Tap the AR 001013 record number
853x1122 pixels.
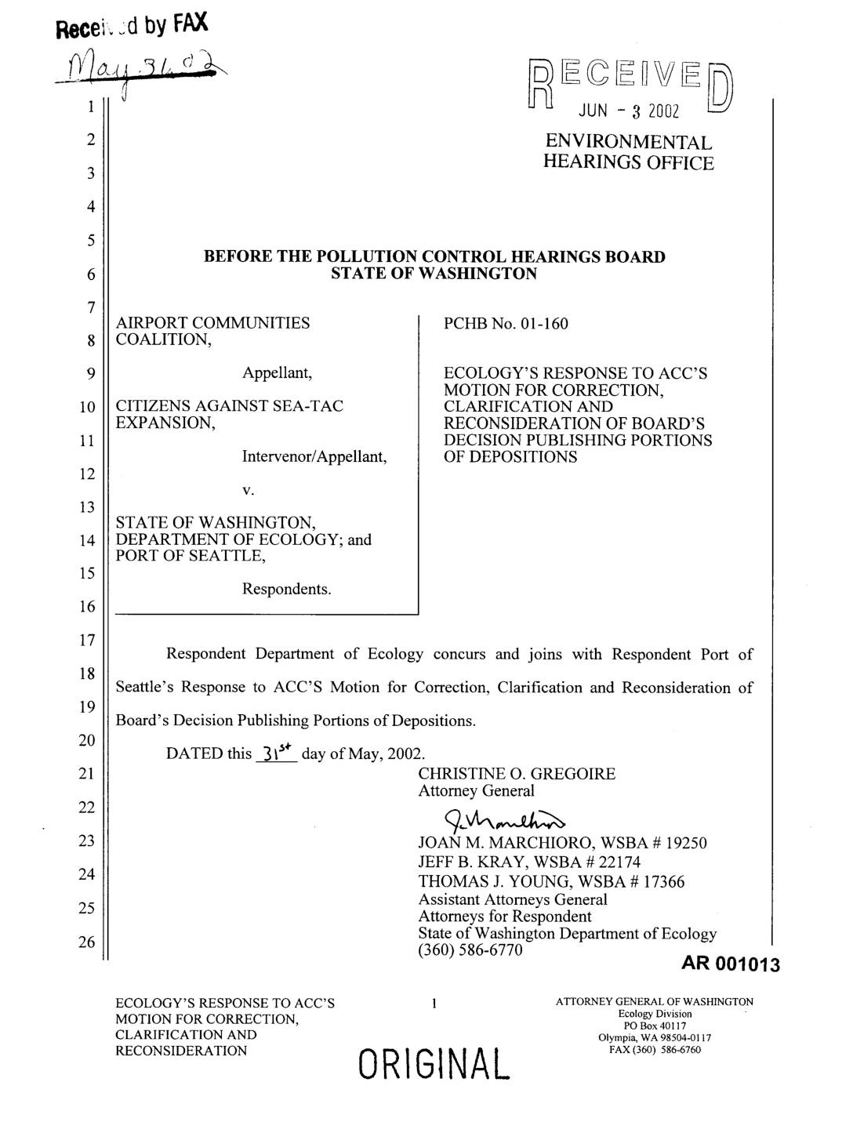(731, 964)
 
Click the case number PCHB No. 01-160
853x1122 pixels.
(506, 324)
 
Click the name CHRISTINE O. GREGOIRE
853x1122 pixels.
(517, 774)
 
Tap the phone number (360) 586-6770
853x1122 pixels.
(470, 950)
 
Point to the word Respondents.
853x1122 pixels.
(286, 589)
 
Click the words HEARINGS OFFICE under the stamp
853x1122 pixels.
(629, 163)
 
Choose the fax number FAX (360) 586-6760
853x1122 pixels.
(655, 1050)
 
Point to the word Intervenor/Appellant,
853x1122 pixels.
(314, 456)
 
